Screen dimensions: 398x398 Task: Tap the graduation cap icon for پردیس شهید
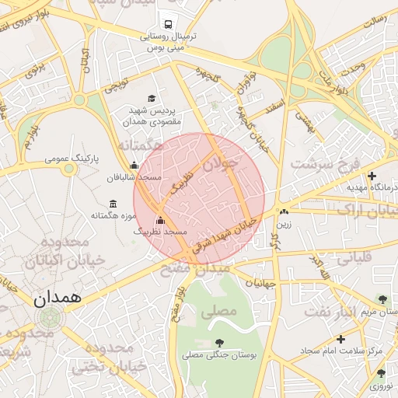(x=152, y=99)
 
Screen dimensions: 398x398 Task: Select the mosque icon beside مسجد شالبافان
(x=134, y=165)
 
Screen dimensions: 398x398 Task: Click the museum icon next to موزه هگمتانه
(x=113, y=204)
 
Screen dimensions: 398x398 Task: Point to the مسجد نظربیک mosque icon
(x=161, y=220)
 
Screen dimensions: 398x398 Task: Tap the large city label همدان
(x=58, y=298)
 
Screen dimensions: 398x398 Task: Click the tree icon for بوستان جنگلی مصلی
(x=220, y=342)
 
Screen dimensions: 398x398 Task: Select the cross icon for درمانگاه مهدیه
(x=372, y=176)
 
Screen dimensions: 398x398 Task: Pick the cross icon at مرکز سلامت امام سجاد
(x=340, y=339)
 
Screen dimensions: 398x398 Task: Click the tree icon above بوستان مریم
(x=381, y=298)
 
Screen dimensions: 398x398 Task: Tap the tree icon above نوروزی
(x=381, y=373)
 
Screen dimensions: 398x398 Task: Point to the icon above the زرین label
(x=284, y=211)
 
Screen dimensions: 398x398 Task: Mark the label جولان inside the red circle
(x=223, y=164)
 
